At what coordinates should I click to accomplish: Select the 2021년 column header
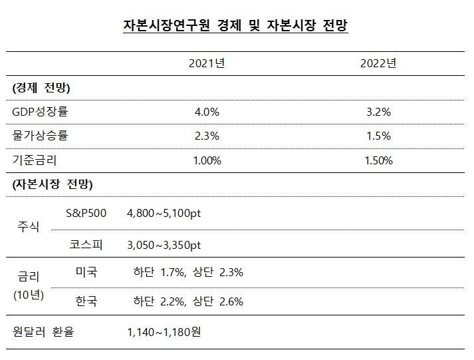coord(207,64)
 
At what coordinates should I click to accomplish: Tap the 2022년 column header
coord(378,64)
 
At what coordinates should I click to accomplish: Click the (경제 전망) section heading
coord(41,88)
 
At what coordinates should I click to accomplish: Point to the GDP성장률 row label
coord(41,112)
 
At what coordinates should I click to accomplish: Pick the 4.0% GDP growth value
coord(207,112)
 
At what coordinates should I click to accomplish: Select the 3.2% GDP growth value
coord(378,112)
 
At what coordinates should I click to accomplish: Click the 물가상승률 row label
coord(41,136)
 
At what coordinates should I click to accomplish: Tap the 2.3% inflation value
coord(207,136)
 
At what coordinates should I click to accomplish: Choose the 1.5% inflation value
coord(378,136)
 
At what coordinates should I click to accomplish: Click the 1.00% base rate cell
coord(207,160)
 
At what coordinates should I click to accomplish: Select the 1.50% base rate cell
coord(378,160)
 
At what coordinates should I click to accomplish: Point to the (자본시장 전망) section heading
coord(53,184)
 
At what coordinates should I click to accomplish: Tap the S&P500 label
coord(86,213)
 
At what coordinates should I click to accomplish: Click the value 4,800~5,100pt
coord(163,213)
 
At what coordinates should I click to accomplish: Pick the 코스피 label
coord(84,245)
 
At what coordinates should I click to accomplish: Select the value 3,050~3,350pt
coord(163,245)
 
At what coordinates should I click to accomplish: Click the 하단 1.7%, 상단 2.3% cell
coord(188,272)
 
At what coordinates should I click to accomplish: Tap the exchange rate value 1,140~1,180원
coord(163,331)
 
